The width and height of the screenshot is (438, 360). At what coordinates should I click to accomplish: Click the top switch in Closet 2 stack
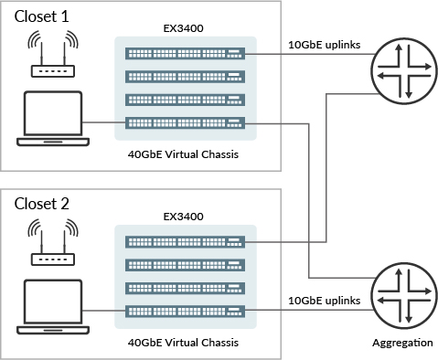coord(185,241)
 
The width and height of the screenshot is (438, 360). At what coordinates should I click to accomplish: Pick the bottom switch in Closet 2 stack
coord(185,311)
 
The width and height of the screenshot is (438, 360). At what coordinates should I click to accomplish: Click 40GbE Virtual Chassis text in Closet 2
coord(185,343)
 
